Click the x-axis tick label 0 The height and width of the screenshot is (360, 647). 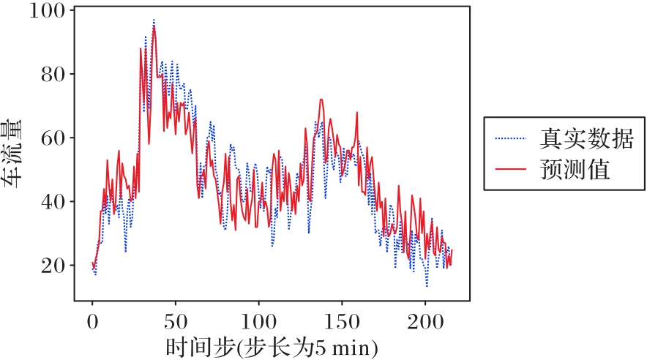92,321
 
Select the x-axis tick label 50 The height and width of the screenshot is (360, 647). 175,321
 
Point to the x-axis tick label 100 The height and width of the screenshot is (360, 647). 258,321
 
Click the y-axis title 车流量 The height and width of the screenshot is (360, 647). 14,153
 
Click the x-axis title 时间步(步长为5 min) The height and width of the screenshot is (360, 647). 271,345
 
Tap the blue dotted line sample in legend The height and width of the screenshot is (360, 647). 511,137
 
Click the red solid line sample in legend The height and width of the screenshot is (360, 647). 511,170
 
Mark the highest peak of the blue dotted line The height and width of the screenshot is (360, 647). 154,20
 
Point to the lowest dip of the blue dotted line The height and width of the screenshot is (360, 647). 427,286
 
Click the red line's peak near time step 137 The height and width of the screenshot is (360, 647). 321,100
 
